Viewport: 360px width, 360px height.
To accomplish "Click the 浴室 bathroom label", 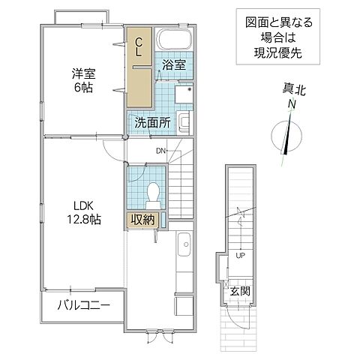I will pyautogui.click(x=173, y=65).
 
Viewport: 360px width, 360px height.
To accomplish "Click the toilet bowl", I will pyautogui.click(x=152, y=193).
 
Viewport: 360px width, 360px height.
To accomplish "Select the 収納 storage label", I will pyautogui.click(x=142, y=220).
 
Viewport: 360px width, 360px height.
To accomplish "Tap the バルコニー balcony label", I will pyautogui.click(x=84, y=306).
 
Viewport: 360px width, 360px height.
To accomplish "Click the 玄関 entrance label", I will pyautogui.click(x=238, y=291).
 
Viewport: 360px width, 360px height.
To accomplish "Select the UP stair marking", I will pyautogui.click(x=240, y=256).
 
